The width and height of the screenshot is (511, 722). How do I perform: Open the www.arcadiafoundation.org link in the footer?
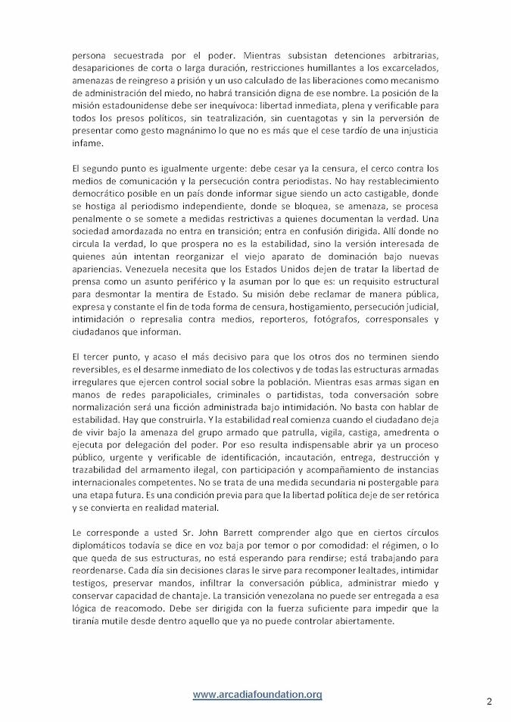click(x=257, y=695)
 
